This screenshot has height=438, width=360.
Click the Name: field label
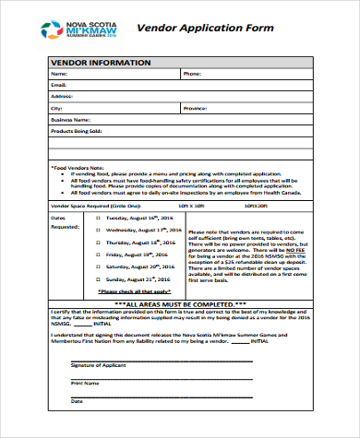pos(59,73)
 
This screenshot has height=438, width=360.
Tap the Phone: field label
pos(192,73)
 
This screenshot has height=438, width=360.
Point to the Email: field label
pos(59,84)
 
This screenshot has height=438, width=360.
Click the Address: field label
pos(62,96)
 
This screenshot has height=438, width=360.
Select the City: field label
pos(57,108)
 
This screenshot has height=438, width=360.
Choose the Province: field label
pos(196,108)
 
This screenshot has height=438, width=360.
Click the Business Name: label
pos(70,120)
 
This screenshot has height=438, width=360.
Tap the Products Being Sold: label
pos(75,132)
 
